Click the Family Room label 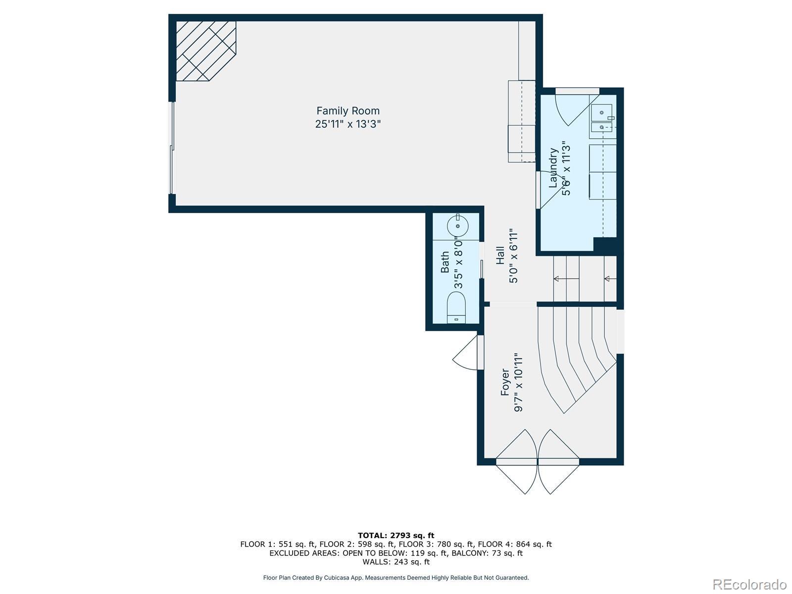click(348, 111)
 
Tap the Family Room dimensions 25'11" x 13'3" click(348, 124)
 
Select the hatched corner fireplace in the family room click(206, 51)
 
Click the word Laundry click(553, 168)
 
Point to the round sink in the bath click(457, 226)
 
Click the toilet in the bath click(456, 307)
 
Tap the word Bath click(445, 262)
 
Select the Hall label click(500, 255)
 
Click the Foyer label click(505, 382)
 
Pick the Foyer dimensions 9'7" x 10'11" click(518, 382)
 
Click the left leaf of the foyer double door click(517, 461)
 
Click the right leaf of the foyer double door click(558, 461)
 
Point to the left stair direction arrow click(566, 278)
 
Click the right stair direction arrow click(610, 278)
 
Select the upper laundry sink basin click(602, 112)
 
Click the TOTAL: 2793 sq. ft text click(396, 535)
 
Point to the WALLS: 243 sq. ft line click(396, 561)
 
